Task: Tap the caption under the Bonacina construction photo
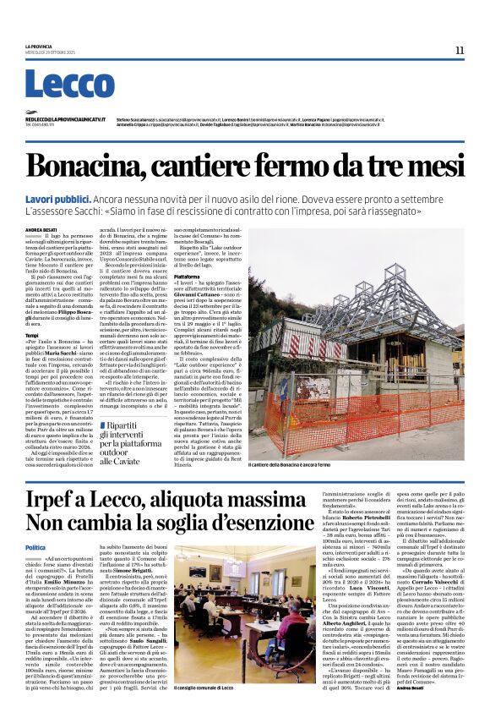(289, 464)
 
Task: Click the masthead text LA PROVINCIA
(39, 47)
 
